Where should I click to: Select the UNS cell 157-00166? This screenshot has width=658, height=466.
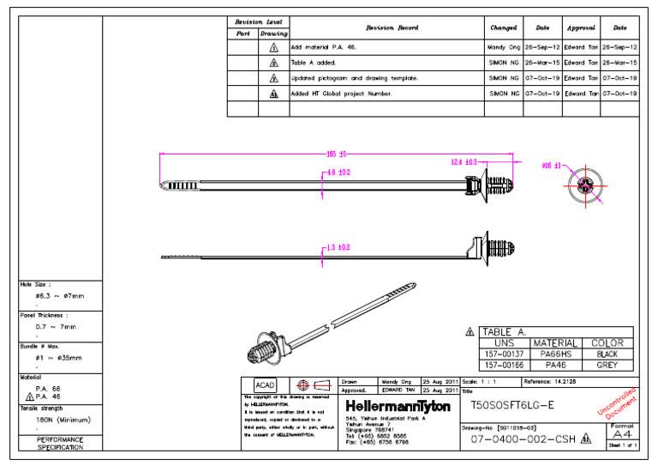(505, 365)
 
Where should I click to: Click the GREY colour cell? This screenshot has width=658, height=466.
(607, 365)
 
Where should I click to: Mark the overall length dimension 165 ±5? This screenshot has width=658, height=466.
(336, 154)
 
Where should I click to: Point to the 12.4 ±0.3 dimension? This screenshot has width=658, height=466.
(464, 161)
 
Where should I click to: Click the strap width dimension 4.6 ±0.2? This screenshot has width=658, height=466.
(338, 172)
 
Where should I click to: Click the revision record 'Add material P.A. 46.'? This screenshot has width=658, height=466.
(325, 48)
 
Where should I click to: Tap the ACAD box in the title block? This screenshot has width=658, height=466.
(266, 385)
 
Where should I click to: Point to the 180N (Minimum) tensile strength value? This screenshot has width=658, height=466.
(63, 421)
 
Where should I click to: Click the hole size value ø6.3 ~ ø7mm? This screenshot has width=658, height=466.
(60, 296)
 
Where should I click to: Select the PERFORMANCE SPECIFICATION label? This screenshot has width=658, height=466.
(60, 443)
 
